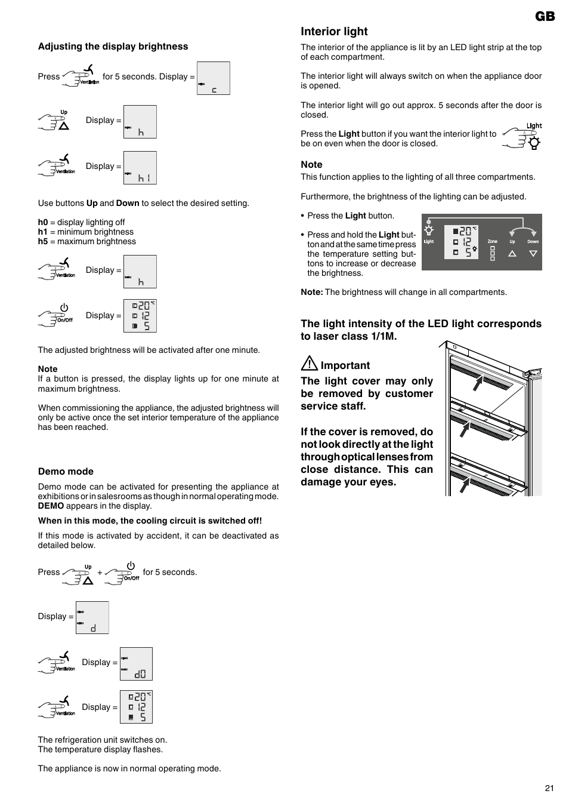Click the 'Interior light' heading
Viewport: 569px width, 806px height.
point(334,32)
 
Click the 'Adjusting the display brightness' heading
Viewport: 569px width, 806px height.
point(113,47)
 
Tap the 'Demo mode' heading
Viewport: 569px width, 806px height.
point(66,472)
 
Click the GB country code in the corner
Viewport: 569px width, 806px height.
point(545,16)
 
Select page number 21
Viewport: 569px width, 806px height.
point(549,788)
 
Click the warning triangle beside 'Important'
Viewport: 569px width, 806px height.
point(309,363)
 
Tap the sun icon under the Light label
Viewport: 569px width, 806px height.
point(534,143)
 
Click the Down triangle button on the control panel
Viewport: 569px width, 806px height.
point(533,253)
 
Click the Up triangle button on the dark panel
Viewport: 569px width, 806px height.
point(512,253)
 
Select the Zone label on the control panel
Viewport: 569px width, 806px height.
point(492,242)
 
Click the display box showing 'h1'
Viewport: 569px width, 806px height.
point(140,168)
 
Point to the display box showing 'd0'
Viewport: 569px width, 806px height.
point(136,664)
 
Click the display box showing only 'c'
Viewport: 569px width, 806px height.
point(213,78)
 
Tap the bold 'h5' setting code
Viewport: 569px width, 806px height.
point(43,242)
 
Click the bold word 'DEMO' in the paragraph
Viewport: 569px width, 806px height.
point(51,506)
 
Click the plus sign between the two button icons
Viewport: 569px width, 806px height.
point(100,573)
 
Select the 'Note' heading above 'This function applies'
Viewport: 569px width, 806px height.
point(311,165)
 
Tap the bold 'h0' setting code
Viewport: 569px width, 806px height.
point(43,223)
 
